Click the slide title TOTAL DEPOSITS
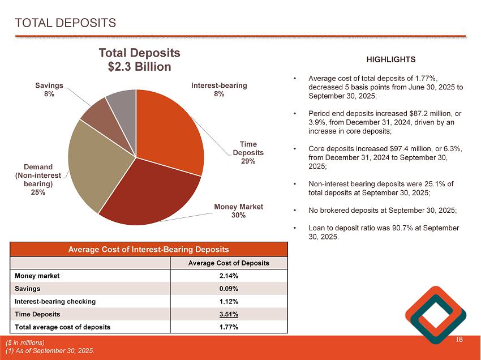[x=66, y=23]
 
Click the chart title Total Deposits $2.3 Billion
[x=139, y=59]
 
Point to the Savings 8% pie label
[x=49, y=89]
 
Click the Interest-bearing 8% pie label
[x=219, y=89]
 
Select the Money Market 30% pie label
[x=238, y=211]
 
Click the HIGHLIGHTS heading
[x=391, y=59]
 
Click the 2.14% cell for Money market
[x=228, y=276]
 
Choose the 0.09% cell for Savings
[x=228, y=289]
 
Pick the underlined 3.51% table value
[x=228, y=314]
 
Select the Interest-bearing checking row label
[x=55, y=301]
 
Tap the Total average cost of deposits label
[x=62, y=327]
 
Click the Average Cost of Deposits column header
[x=228, y=263]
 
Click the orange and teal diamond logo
[x=436, y=315]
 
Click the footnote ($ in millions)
[x=25, y=342]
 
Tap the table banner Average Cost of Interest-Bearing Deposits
[x=149, y=249]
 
